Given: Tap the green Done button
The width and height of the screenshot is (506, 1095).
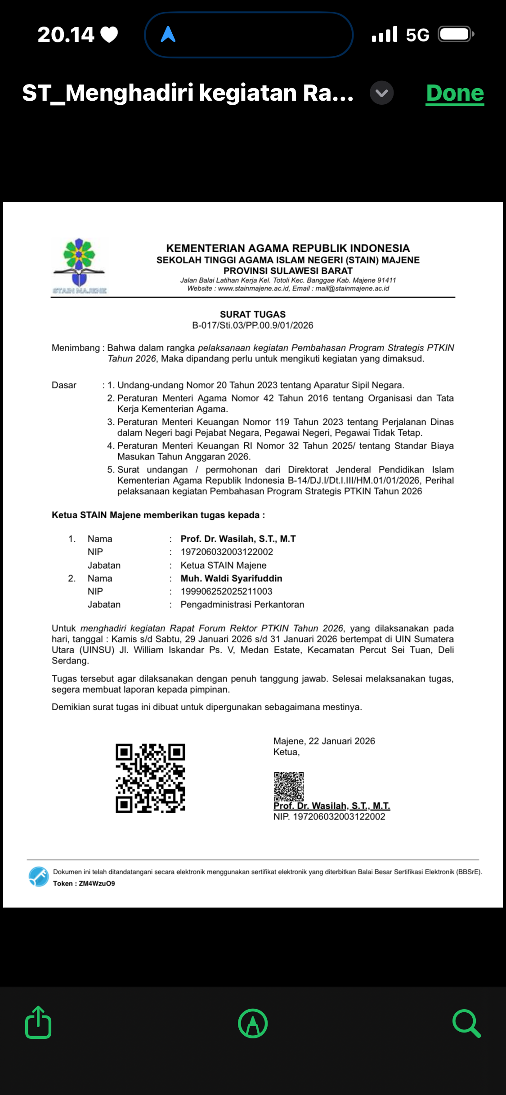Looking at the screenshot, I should click(x=455, y=93).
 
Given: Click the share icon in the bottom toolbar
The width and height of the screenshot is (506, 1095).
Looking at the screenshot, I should click(x=38, y=1023).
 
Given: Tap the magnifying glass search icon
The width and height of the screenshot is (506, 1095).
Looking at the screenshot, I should click(x=466, y=1023).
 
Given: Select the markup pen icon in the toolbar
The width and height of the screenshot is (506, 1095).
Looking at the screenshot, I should click(x=253, y=1023).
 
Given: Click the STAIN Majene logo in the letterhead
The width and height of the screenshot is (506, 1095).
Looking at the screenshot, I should click(x=79, y=265).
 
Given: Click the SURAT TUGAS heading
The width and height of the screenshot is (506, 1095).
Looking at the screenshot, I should click(x=253, y=314).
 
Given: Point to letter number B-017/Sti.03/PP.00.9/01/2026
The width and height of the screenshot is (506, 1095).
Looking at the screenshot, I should click(x=253, y=325).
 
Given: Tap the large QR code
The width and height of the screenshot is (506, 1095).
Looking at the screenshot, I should click(x=150, y=778).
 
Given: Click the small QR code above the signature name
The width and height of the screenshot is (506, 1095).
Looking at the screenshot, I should click(x=289, y=786).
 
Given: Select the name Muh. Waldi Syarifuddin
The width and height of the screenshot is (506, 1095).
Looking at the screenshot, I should click(x=231, y=579).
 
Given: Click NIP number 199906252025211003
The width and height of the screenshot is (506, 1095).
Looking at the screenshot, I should click(x=226, y=592).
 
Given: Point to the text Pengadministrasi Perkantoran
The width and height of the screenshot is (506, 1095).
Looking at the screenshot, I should click(x=242, y=605).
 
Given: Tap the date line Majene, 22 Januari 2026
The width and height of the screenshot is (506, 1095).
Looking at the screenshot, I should click(x=324, y=741).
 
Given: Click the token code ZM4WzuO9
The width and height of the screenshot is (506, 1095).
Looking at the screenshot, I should click(x=97, y=883).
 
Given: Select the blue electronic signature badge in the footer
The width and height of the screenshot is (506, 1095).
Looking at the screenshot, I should click(x=39, y=877).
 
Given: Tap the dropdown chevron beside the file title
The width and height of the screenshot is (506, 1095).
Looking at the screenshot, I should click(x=381, y=93).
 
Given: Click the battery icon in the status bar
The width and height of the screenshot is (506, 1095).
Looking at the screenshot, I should click(x=456, y=35).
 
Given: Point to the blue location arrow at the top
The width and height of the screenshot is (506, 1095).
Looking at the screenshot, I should click(x=168, y=34).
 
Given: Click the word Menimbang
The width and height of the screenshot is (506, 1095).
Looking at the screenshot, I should click(x=76, y=348).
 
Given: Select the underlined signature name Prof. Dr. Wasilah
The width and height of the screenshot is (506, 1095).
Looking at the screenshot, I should click(x=331, y=806).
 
